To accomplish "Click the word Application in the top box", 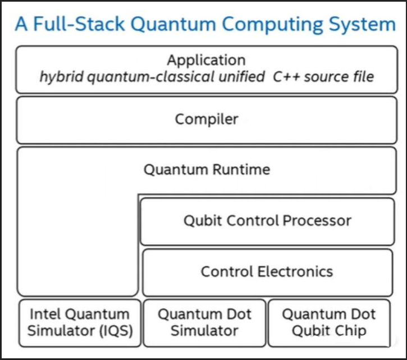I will point(206,60).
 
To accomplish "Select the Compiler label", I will point(207,119).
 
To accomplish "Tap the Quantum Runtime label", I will point(207,169).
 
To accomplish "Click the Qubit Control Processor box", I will point(267,220).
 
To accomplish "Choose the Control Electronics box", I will point(267,272).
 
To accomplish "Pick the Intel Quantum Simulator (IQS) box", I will point(79,322).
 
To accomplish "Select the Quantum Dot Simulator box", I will point(204,322).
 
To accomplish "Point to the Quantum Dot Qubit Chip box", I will point(329,322).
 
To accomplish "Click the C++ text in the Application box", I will point(286,76).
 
